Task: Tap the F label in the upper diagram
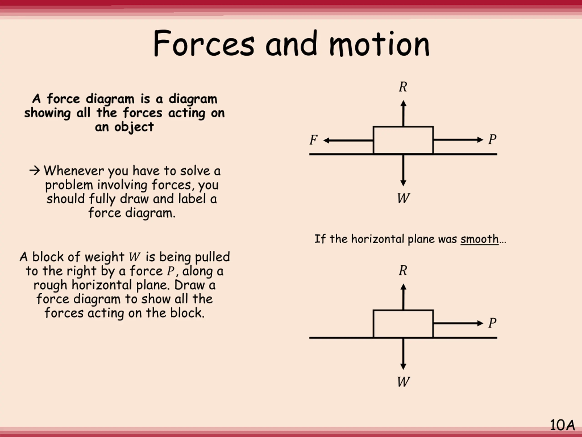tap(313, 140)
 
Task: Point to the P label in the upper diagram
tap(492, 139)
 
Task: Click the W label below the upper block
tap(403, 198)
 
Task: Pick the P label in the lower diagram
tap(492, 323)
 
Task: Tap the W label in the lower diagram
tap(403, 382)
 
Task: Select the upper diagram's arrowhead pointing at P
tap(480, 140)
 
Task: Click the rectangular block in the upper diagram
tap(403, 140)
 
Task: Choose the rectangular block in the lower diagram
tap(403, 324)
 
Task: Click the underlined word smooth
tap(479, 239)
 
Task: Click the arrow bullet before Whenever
tap(35, 171)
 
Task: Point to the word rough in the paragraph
tap(50, 285)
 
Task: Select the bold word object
tap(134, 127)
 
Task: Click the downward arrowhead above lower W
tap(403, 366)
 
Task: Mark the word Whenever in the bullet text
tap(74, 171)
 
